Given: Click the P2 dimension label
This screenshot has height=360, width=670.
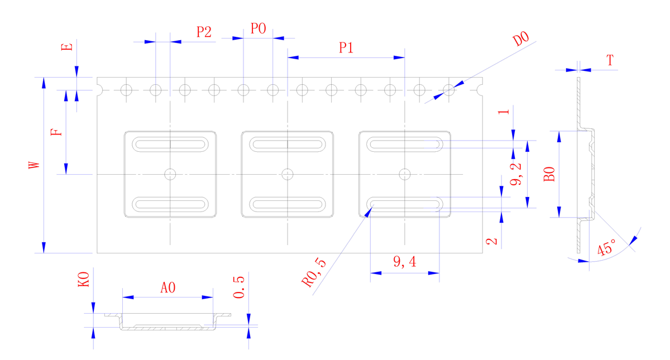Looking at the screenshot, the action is click(204, 32).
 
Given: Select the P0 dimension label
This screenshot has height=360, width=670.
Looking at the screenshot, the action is click(258, 28).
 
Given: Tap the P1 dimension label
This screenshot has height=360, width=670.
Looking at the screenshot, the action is click(346, 47).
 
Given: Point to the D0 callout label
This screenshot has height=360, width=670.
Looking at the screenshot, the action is click(521, 39).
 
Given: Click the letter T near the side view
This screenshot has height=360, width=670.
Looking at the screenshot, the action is click(610, 60).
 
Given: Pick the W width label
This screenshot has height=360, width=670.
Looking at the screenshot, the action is click(34, 165).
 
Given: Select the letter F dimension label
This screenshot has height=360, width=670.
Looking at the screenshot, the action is click(56, 132).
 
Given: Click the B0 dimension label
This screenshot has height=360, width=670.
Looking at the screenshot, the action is click(549, 174).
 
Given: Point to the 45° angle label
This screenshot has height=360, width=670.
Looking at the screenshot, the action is click(606, 247).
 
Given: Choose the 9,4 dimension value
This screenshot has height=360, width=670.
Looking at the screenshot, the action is click(405, 262).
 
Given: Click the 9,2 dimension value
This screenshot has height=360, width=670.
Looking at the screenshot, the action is click(516, 174).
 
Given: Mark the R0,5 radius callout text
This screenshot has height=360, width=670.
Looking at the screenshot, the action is click(314, 272).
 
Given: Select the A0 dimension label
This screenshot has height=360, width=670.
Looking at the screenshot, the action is click(168, 287).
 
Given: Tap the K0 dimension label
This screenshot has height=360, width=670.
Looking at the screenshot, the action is click(83, 279).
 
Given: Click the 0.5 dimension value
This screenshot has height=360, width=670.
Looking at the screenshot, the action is click(239, 287).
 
